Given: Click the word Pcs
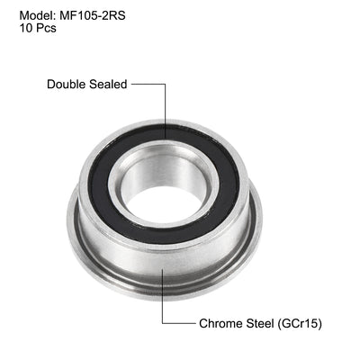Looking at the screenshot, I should click(x=45, y=29).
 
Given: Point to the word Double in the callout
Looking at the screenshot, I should click(x=67, y=84).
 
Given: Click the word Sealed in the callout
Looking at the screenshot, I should click(x=109, y=84).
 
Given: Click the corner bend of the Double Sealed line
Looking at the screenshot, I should click(x=165, y=84).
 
